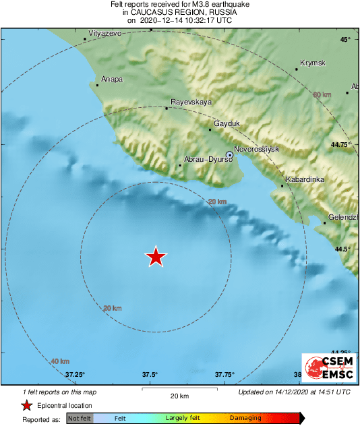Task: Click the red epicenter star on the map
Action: point(156,256)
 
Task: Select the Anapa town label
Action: point(112,79)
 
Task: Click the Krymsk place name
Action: point(312,63)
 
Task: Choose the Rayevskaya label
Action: point(191,102)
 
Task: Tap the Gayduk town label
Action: point(227,124)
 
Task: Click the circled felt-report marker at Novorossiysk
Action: point(229,155)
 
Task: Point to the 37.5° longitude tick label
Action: point(150,375)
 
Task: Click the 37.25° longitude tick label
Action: point(75,375)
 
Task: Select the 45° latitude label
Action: point(345,40)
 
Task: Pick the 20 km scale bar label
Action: point(179,396)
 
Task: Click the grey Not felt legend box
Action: point(80,419)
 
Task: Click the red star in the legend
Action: point(26,405)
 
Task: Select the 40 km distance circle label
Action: point(60,361)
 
